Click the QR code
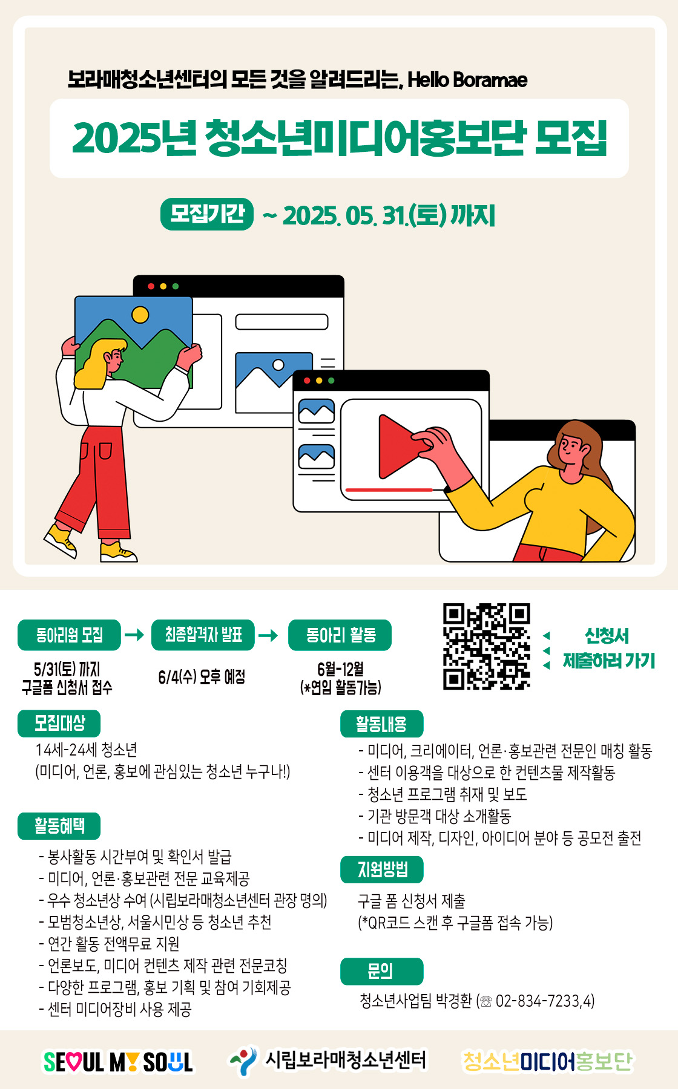(x=487, y=646)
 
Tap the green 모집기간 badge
(x=207, y=214)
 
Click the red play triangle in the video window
(x=401, y=446)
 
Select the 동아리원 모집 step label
(x=69, y=635)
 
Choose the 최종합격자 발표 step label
(x=203, y=635)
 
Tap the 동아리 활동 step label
(x=340, y=635)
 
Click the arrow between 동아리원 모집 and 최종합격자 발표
(x=134, y=635)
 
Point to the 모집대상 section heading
(x=59, y=724)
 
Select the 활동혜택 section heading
(x=59, y=826)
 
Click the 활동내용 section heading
(x=381, y=724)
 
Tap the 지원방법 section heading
(x=381, y=869)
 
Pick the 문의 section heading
(x=381, y=971)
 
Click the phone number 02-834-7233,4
(x=545, y=1001)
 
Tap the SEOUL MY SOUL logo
(x=118, y=1062)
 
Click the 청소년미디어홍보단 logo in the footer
(x=548, y=1061)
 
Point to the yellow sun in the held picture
(x=140, y=315)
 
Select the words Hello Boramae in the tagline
(x=467, y=80)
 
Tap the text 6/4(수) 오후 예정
(x=202, y=677)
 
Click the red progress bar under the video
(x=389, y=489)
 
